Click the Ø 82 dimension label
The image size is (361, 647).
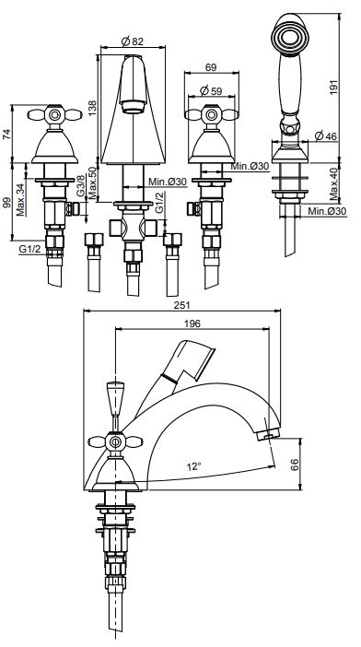[133, 41]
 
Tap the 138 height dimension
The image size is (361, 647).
[92, 108]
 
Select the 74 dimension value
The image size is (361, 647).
[7, 135]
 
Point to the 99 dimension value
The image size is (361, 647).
[7, 203]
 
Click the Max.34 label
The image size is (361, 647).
[20, 200]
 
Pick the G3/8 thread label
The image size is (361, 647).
[81, 187]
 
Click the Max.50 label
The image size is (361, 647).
[92, 182]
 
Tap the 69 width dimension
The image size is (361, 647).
[211, 67]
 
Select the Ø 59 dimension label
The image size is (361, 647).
[211, 90]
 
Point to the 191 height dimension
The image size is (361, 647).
[334, 87]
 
